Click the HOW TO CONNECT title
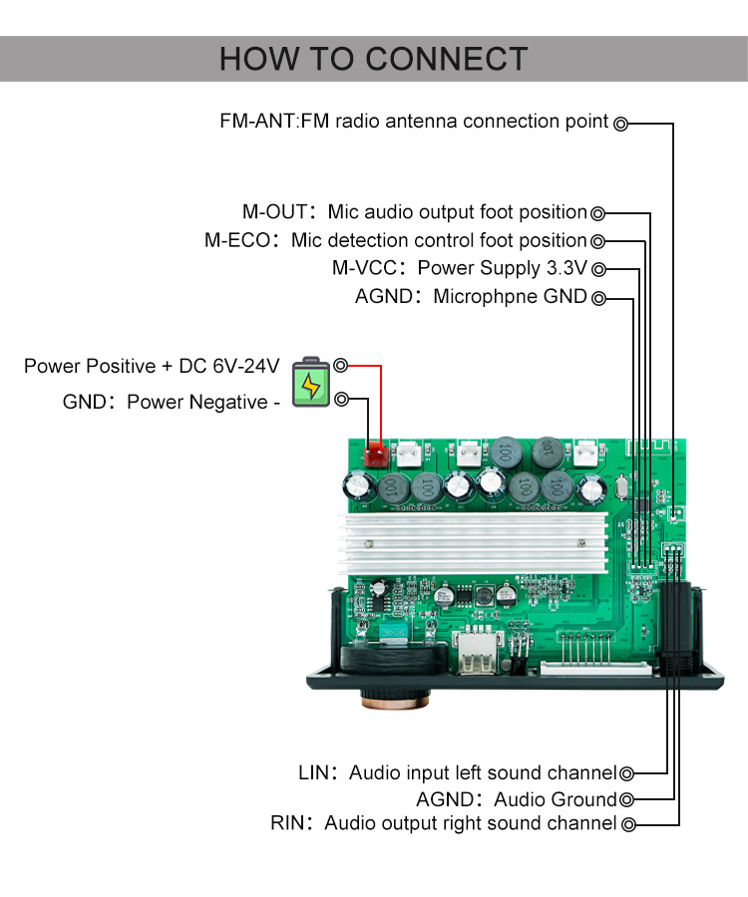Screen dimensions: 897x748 pyautogui.click(x=373, y=59)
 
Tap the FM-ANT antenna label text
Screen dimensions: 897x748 pyautogui.click(x=414, y=122)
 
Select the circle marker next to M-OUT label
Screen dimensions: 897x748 pyautogui.click(x=598, y=212)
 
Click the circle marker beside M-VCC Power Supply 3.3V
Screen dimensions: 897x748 pyautogui.click(x=598, y=269)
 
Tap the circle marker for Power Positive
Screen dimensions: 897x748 pyautogui.click(x=341, y=366)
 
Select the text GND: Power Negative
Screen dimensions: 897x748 pyautogui.click(x=166, y=403)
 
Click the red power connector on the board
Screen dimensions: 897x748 pyautogui.click(x=376, y=455)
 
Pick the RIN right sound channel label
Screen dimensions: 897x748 pyautogui.click(x=443, y=824)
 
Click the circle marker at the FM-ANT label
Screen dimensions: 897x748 pyautogui.click(x=620, y=124)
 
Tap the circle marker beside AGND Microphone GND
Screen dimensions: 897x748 pyautogui.click(x=598, y=298)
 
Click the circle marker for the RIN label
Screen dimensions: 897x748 pyautogui.click(x=627, y=824)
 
